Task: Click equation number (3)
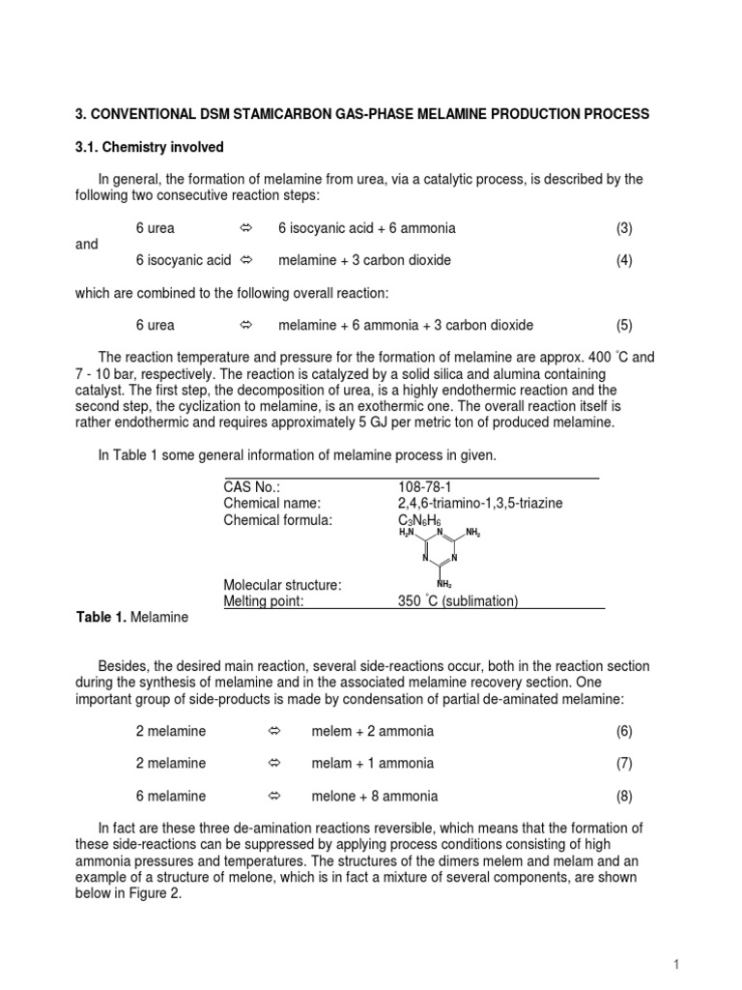coord(624,228)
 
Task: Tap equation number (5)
coord(624,325)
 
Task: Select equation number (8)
coord(624,796)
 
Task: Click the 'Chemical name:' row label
coord(271,504)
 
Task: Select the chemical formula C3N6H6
coord(420,520)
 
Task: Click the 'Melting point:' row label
coord(264,600)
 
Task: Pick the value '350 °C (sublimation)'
coord(458,600)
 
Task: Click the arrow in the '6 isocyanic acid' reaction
coord(245,260)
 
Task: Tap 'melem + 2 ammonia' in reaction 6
coord(373,731)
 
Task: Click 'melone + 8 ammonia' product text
coord(375,796)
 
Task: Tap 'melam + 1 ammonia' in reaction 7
coord(373,763)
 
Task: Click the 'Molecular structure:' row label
coord(283,585)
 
